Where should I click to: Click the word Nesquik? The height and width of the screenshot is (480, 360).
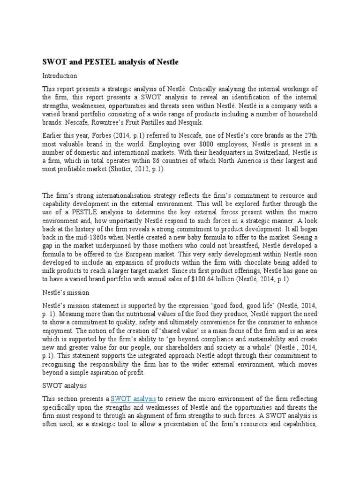(x=188, y=123)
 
